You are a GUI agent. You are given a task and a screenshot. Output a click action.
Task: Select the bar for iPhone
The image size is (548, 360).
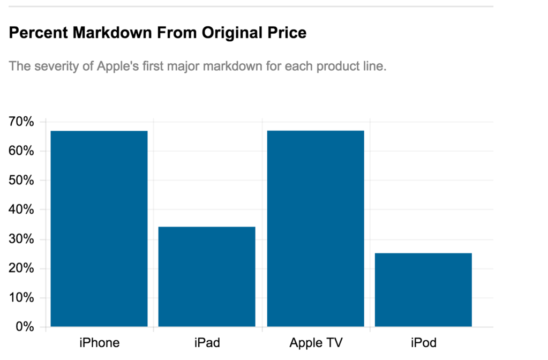tap(99, 229)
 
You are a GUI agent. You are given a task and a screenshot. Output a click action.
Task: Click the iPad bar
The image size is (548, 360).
tap(207, 276)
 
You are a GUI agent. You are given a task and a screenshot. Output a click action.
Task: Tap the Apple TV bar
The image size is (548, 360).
tap(316, 229)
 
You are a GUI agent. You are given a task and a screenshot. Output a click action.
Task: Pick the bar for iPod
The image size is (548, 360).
tap(423, 290)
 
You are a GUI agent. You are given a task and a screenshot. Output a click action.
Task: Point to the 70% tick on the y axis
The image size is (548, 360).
tap(21, 122)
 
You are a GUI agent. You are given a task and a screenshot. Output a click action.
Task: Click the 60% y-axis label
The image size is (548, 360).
tap(21, 151)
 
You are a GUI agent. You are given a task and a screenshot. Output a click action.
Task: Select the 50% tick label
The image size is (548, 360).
tap(21, 181)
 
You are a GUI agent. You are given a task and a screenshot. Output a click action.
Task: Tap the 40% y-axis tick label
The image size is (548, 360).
tap(21, 210)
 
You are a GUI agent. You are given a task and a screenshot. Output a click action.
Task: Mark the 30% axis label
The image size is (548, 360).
tap(21, 239)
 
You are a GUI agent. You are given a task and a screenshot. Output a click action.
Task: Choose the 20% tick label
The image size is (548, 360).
tap(21, 268)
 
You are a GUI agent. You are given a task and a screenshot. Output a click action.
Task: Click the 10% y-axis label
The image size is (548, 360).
tap(21, 298)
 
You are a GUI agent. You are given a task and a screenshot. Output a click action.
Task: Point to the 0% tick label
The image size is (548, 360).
tap(25, 327)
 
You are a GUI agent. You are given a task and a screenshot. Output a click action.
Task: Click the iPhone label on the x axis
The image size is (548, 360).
tap(99, 342)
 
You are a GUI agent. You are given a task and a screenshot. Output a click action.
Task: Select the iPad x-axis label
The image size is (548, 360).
tap(207, 342)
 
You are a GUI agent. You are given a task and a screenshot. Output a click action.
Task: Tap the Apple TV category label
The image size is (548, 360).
tap(316, 342)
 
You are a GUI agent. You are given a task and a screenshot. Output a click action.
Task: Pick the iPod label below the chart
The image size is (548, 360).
tap(423, 342)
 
